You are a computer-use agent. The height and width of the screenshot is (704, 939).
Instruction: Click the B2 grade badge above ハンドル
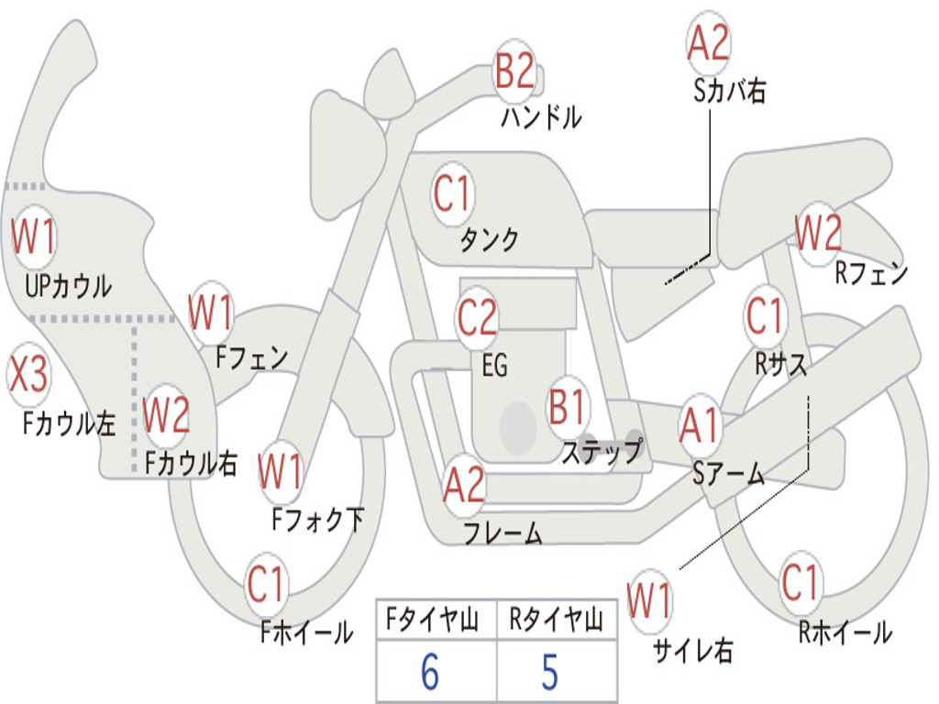514,71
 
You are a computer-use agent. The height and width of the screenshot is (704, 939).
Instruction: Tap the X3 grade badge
28,375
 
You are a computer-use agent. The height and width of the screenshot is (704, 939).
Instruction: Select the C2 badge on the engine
477,318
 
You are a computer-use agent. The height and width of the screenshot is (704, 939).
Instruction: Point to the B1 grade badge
568,407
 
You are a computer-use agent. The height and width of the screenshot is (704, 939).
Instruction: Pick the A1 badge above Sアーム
701,426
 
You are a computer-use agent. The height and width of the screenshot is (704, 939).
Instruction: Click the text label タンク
489,240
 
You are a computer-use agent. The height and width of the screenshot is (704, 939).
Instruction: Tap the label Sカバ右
729,92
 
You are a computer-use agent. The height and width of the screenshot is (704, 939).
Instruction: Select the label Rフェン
870,272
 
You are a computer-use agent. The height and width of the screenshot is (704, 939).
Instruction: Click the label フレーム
502,533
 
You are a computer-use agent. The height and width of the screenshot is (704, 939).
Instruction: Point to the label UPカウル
68,285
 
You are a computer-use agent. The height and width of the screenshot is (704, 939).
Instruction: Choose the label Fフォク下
317,520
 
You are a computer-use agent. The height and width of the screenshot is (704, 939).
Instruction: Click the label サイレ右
692,650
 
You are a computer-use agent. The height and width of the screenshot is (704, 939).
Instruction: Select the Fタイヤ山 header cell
436,621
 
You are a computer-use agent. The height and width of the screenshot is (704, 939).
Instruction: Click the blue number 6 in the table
430,673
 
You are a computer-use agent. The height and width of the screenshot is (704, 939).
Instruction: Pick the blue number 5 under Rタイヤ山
549,673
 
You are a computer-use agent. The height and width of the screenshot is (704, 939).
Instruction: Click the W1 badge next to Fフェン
210,313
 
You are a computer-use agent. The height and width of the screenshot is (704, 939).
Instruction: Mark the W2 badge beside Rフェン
817,235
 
